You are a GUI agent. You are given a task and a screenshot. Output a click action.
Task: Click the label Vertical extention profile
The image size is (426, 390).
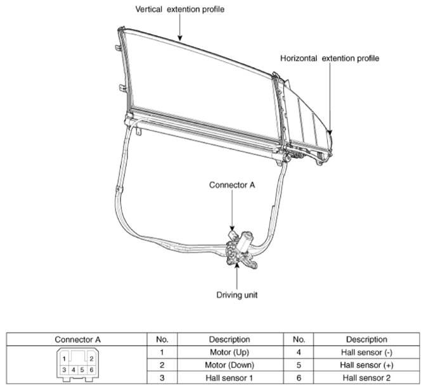[x=180, y=9]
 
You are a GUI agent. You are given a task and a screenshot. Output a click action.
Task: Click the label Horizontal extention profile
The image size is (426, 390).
[x=330, y=58]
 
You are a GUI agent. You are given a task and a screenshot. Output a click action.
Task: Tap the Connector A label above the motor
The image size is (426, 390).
[x=232, y=185]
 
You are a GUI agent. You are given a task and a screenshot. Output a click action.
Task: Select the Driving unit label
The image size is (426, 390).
[x=237, y=295]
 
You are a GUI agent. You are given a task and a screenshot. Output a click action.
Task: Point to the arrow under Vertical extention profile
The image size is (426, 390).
[x=179, y=27]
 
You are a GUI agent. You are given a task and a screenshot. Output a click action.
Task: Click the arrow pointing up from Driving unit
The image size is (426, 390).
[x=237, y=276]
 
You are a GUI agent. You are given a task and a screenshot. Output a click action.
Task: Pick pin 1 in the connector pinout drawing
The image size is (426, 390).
[x=64, y=359]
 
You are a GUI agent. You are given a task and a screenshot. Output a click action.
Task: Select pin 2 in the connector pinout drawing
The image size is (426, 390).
[x=91, y=359]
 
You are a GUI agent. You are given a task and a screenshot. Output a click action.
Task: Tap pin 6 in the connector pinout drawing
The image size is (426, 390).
[x=91, y=370]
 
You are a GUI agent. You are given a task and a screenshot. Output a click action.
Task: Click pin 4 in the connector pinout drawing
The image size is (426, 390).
[x=74, y=370]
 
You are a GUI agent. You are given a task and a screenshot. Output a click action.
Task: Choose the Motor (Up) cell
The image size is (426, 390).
[x=229, y=352]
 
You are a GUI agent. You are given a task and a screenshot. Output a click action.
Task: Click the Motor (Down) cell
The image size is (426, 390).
[x=229, y=365]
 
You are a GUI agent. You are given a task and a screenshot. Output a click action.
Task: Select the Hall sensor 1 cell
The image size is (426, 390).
[x=229, y=378]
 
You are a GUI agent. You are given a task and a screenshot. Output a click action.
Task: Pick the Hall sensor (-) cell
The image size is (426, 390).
[x=366, y=352]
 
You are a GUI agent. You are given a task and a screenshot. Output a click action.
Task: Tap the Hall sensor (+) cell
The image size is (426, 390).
[x=366, y=365]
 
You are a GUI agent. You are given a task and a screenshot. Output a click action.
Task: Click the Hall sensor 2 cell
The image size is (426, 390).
[x=366, y=378]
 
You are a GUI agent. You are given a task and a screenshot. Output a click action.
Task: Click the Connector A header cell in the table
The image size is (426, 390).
[x=77, y=339]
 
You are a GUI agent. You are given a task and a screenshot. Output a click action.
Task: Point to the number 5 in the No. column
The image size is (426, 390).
[x=299, y=365]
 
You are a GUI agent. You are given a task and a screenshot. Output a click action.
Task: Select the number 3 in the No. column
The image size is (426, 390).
[x=162, y=378]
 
